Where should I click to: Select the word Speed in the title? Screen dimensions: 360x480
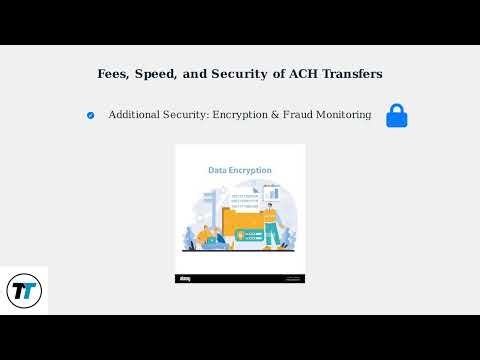click(156, 74)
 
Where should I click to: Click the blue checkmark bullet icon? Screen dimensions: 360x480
click(91, 115)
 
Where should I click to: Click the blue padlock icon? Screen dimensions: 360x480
click(397, 115)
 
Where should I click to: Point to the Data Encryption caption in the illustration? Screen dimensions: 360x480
click(239, 170)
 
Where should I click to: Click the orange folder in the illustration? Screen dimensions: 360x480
click(243, 226)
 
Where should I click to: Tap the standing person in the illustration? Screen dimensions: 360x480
click(271, 215)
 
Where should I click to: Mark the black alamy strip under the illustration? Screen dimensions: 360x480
click(240, 278)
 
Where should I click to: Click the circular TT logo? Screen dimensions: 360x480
click(23, 291)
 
